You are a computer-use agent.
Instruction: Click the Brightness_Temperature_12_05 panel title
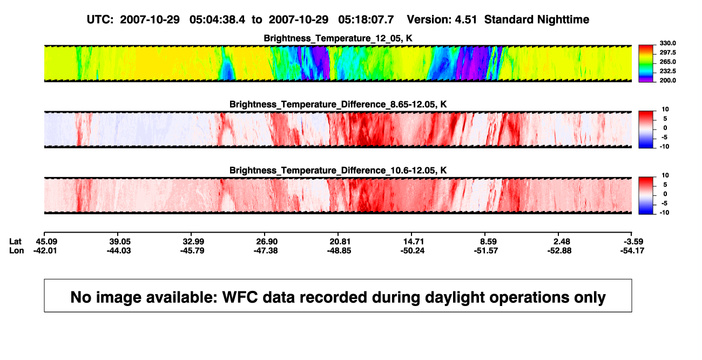(x=338, y=38)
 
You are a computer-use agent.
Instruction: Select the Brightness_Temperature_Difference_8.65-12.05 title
(x=338, y=104)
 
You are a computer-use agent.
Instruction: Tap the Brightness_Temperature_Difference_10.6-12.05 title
(x=338, y=171)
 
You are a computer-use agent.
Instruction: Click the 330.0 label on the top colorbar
(x=667, y=43)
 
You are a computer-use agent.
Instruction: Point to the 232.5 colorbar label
(x=667, y=71)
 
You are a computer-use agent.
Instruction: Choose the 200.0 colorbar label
(x=667, y=80)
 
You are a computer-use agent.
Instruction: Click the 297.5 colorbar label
(x=667, y=53)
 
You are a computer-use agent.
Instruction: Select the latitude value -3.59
(x=633, y=242)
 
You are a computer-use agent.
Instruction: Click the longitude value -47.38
(x=266, y=250)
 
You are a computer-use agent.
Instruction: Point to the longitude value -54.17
(x=632, y=250)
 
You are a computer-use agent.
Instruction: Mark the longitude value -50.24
(x=413, y=250)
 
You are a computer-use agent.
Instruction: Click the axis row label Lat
(x=15, y=242)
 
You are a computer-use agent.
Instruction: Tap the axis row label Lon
(x=17, y=250)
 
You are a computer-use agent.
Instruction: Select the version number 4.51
(x=466, y=20)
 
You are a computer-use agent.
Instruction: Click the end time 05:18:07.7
(x=366, y=20)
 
